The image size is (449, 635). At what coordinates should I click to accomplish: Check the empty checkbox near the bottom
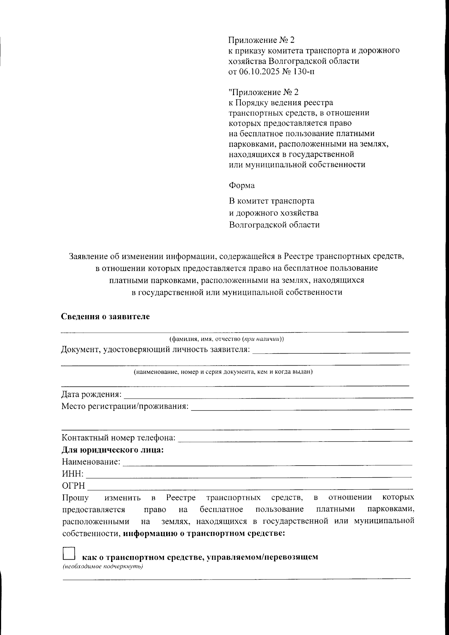click(69, 553)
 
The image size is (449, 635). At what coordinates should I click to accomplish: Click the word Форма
click(241, 185)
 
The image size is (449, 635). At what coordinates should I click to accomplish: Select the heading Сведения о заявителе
click(106, 317)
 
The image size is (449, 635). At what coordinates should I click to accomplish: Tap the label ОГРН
click(73, 486)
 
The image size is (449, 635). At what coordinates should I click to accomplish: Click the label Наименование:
click(91, 462)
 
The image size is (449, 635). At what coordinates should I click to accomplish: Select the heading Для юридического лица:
click(113, 450)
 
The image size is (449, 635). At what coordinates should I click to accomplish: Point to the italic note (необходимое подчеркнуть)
click(103, 566)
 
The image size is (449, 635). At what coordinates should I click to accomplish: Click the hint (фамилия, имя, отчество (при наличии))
click(227, 339)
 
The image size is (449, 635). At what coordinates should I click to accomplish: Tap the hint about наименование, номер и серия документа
click(223, 372)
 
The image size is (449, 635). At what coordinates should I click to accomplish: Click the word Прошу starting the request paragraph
click(75, 498)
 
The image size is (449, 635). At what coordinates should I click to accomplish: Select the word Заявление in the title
click(88, 257)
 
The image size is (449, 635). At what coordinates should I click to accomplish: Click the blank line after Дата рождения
click(268, 395)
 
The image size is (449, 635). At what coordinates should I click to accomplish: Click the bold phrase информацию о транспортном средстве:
click(204, 533)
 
